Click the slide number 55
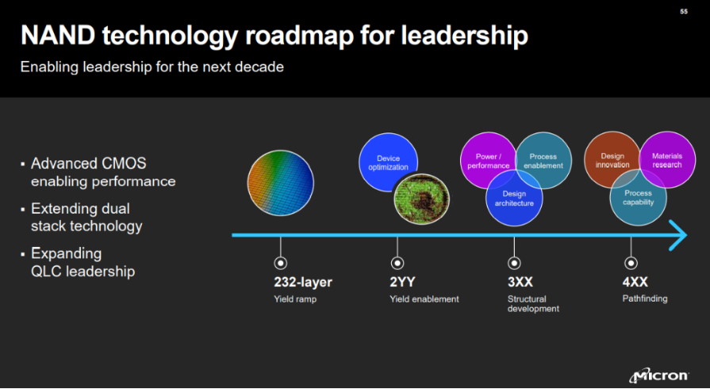(x=684, y=12)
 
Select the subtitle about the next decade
(x=152, y=67)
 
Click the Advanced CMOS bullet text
(x=102, y=172)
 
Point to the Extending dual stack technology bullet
(x=86, y=218)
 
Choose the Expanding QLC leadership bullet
(x=83, y=263)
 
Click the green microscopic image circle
(x=421, y=198)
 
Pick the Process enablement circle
(x=543, y=160)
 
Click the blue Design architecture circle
(x=514, y=198)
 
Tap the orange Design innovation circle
(x=612, y=160)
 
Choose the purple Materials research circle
(x=667, y=160)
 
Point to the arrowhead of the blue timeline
(x=678, y=235)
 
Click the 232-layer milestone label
(x=303, y=283)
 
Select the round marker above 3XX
(x=514, y=263)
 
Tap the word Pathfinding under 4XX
(x=645, y=299)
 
